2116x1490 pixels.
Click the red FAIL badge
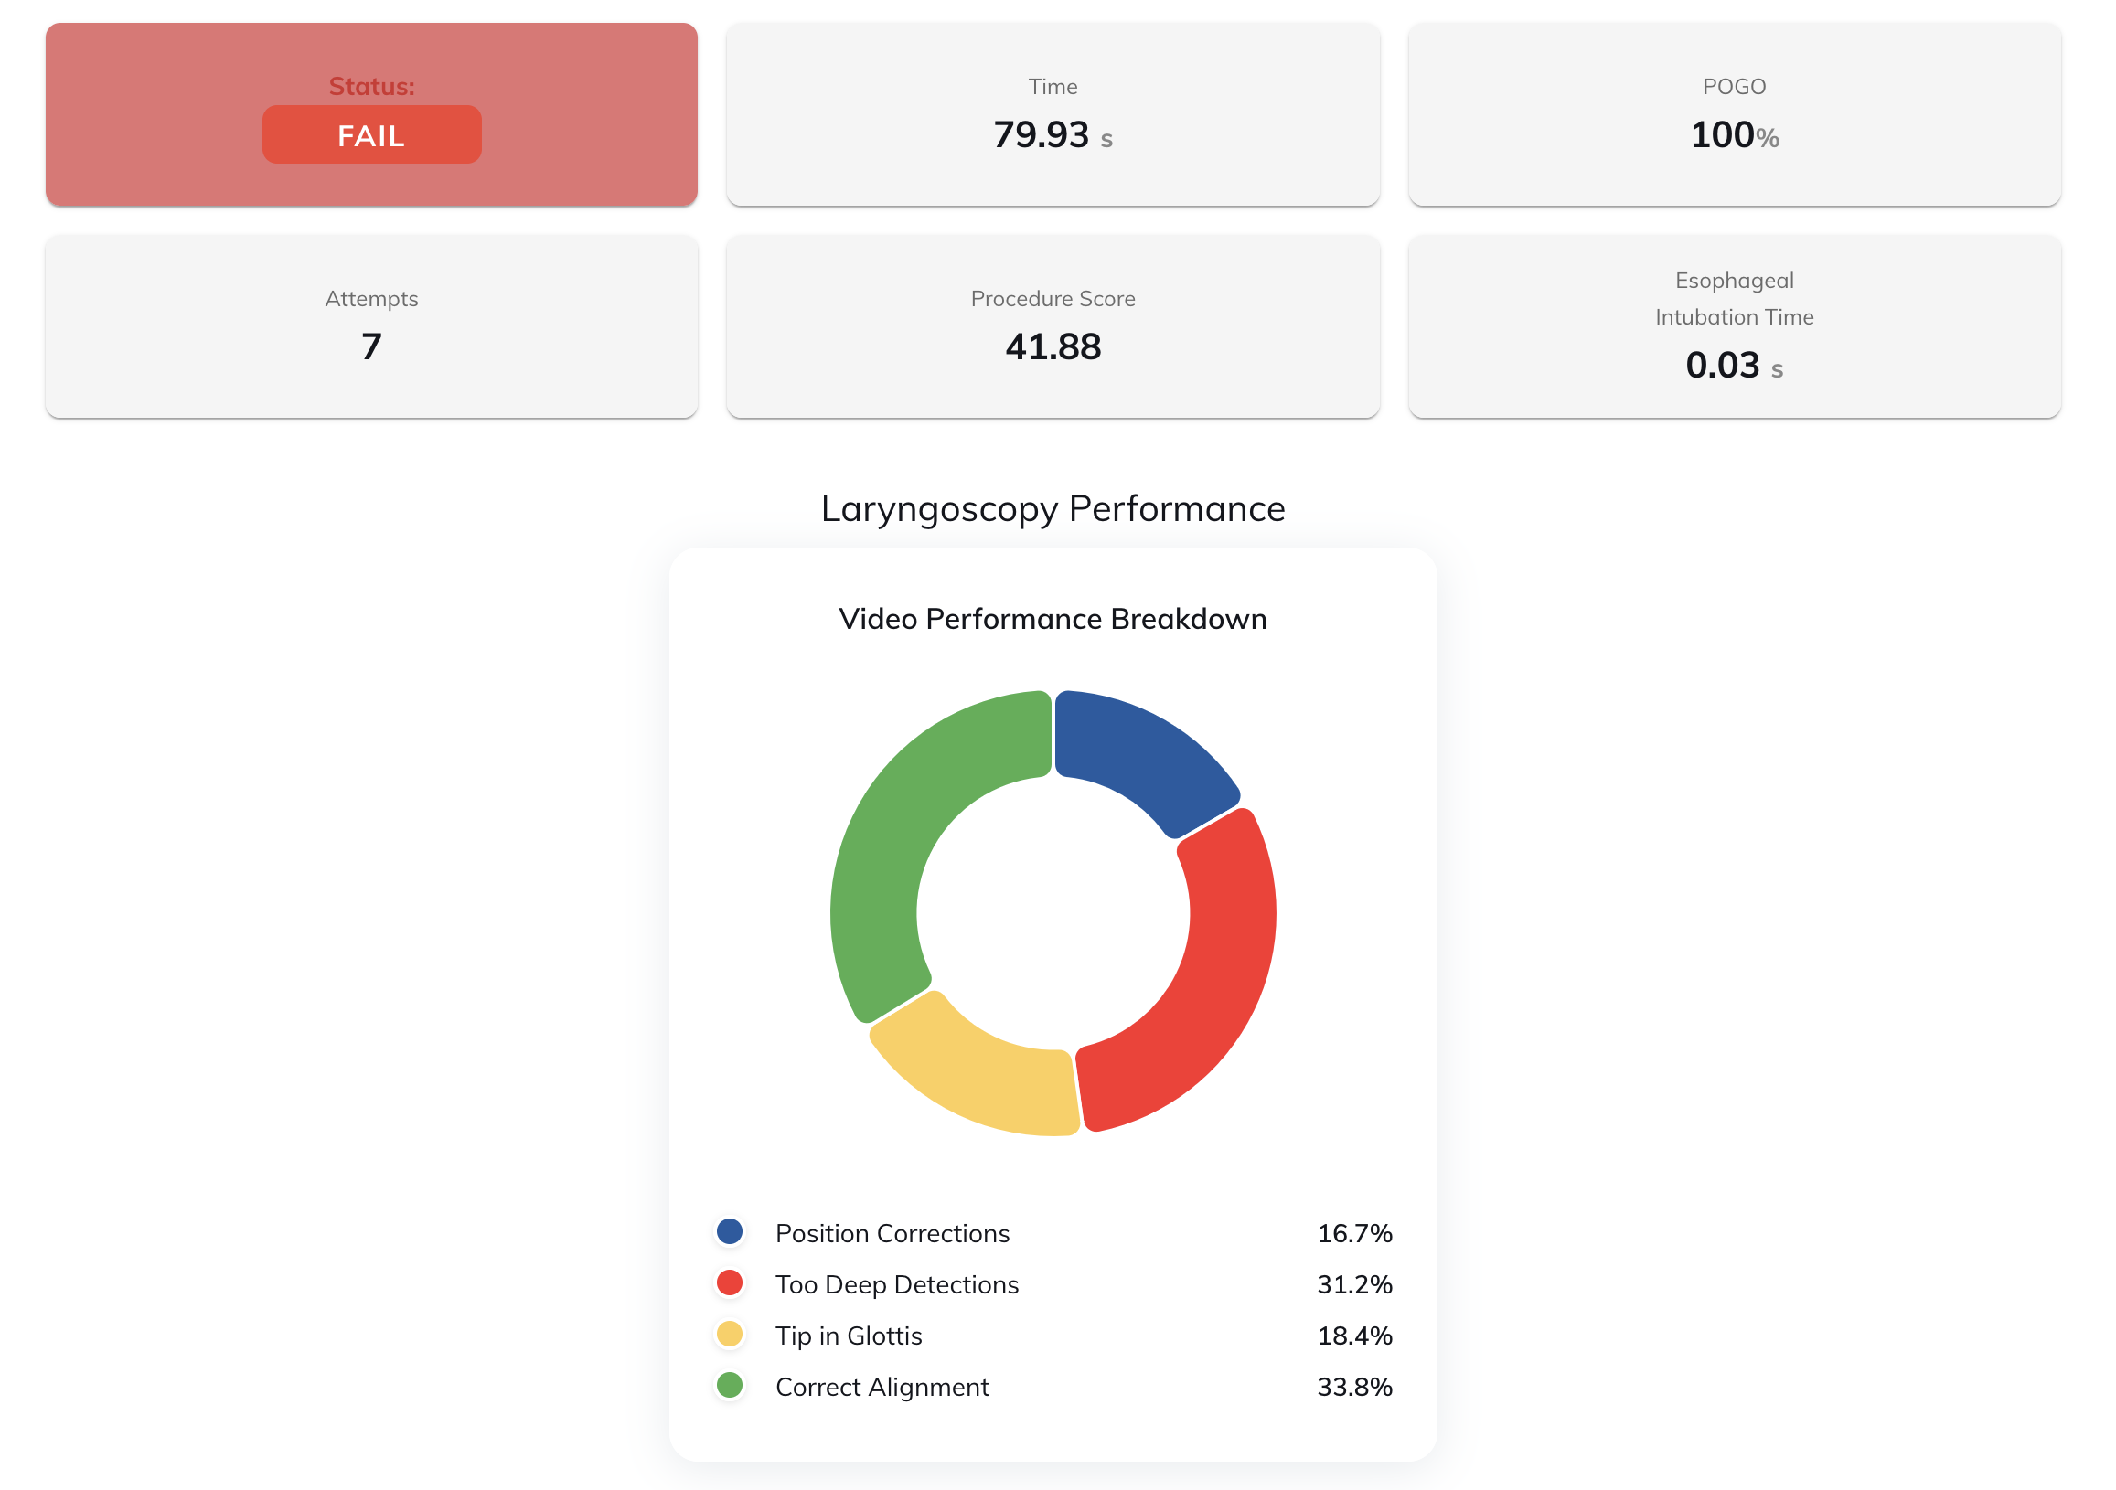[371, 135]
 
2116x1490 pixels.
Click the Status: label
[371, 87]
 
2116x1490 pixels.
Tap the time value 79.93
[1042, 135]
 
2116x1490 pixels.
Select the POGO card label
[1734, 87]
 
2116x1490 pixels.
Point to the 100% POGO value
[1734, 135]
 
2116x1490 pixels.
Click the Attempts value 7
[371, 347]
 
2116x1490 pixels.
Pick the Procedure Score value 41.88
[1053, 347]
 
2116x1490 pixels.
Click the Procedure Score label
[1053, 299]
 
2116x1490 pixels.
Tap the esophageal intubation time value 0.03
[1722, 366]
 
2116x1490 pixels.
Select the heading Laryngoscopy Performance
[1053, 508]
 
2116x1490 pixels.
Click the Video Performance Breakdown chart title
[1053, 619]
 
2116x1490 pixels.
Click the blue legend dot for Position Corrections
[730, 1232]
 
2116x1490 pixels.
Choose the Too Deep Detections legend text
[897, 1284]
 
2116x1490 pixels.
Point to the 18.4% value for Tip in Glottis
[1354, 1336]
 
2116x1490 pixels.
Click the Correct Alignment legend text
[882, 1387]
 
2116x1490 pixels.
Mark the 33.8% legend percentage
[1354, 1387]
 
